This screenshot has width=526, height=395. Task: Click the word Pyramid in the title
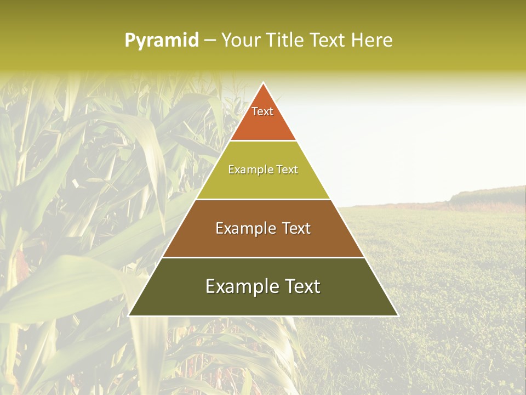(161, 41)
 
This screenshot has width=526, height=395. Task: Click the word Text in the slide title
(328, 40)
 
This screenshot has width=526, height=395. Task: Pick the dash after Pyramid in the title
(210, 41)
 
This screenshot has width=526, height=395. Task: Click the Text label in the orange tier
(262, 111)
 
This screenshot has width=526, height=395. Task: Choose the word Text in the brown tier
(296, 228)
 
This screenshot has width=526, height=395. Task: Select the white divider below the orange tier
(263, 140)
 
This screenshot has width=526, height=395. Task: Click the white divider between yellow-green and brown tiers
(263, 199)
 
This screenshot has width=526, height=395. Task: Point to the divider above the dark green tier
(263, 257)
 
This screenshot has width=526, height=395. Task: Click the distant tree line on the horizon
(485, 195)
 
